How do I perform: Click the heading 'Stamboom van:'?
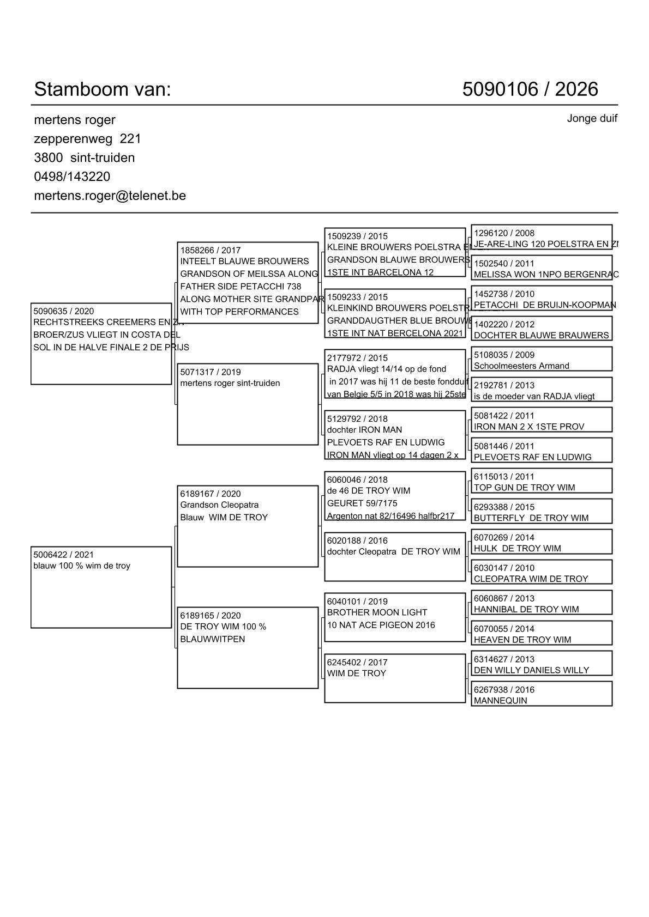coord(103,89)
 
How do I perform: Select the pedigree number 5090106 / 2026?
coord(530,89)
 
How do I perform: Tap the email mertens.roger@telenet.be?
coord(110,196)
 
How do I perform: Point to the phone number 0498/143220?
coord(72,177)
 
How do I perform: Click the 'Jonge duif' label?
coord(592,118)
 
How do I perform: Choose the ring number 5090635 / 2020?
coord(63,311)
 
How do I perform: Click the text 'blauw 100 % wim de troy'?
coord(82,566)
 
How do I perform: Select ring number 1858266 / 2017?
coord(211,251)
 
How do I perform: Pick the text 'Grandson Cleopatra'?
coord(219,505)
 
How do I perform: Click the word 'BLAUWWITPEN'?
coord(213,639)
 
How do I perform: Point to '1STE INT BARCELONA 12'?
coord(380,272)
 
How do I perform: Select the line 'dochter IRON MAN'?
coord(364,430)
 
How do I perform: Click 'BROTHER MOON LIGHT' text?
coord(377,612)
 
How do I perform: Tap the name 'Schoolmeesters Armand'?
coord(521,366)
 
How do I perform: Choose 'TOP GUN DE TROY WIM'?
coord(524,488)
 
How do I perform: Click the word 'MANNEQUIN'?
coord(500,701)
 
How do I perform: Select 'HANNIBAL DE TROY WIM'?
coord(526,609)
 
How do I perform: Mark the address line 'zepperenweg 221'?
coord(87,139)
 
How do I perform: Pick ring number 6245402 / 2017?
coord(357,663)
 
